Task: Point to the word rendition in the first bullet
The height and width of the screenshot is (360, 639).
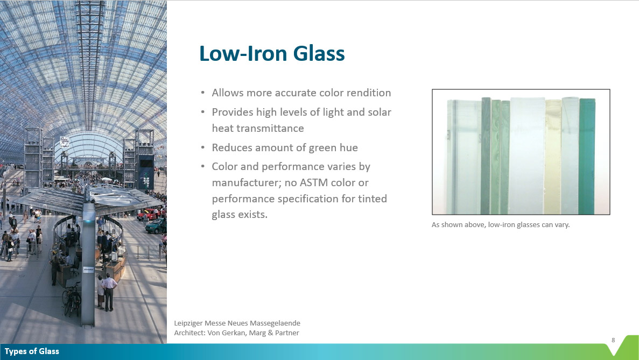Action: (368, 93)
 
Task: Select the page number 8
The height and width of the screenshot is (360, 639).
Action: (613, 340)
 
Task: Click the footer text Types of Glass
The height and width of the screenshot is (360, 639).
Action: (32, 351)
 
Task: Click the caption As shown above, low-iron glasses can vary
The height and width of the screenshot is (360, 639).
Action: (501, 224)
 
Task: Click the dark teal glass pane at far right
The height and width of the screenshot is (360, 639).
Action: (587, 156)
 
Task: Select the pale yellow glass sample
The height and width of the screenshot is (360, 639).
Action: (553, 157)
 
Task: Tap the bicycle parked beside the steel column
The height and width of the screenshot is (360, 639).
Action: (72, 299)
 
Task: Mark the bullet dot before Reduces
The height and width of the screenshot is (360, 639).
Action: (203, 148)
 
